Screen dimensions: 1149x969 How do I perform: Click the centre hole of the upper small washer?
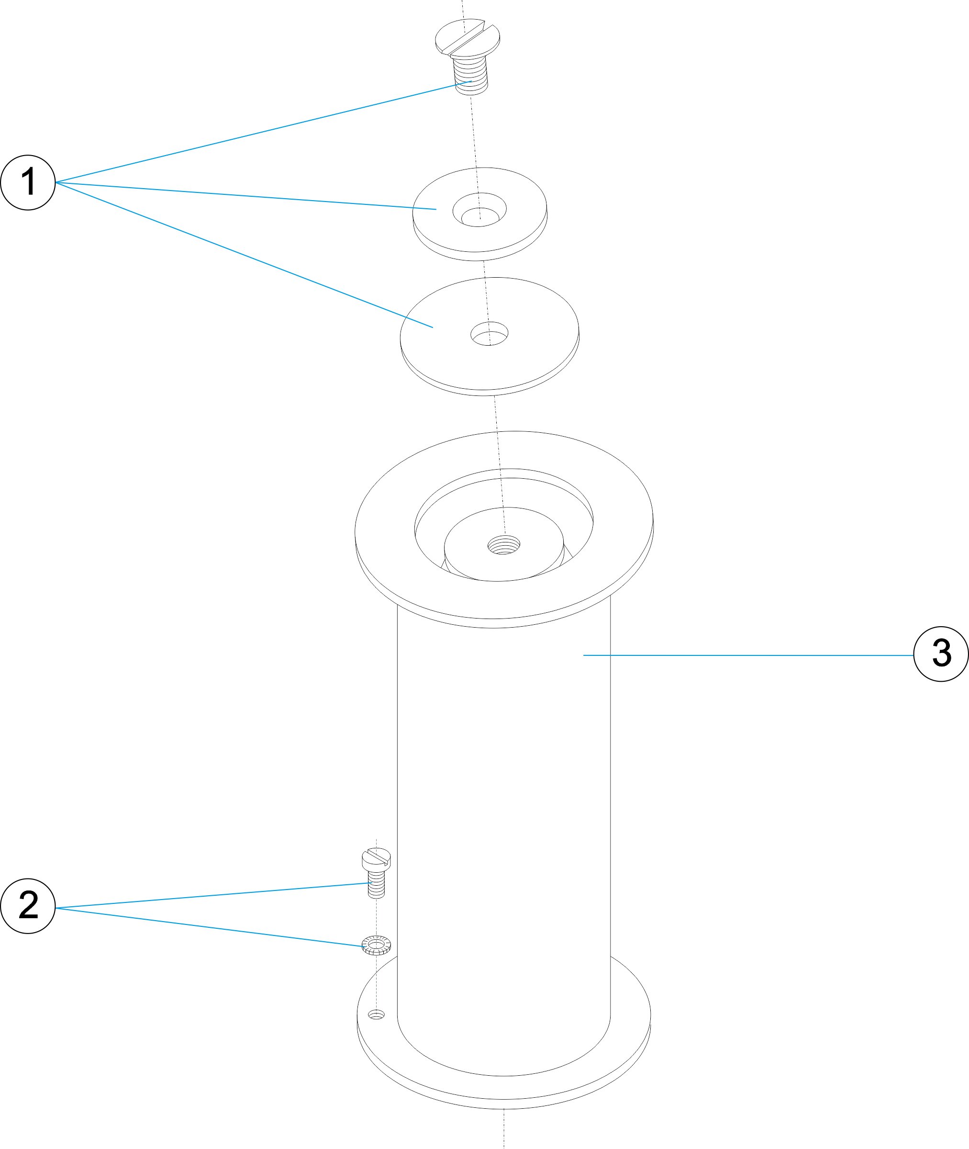pos(479,212)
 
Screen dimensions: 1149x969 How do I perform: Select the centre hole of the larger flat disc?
pos(490,334)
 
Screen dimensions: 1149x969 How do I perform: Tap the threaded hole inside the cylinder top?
pos(504,545)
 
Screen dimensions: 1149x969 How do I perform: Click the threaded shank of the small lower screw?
pos(376,886)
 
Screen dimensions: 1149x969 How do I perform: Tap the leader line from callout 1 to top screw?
pos(264,131)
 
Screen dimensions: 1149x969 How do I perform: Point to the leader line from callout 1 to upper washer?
pos(247,196)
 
